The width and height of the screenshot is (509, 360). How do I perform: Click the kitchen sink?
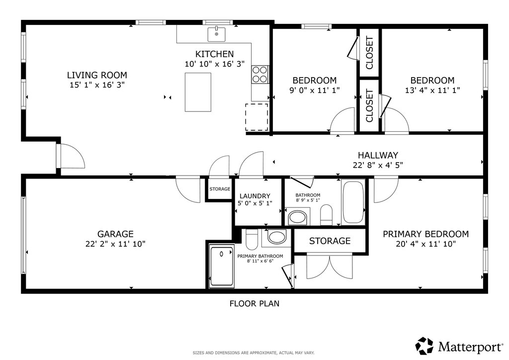217,34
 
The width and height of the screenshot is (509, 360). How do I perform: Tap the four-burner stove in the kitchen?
260,75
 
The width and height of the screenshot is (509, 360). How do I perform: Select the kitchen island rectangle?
198,92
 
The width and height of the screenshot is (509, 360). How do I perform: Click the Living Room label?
97,75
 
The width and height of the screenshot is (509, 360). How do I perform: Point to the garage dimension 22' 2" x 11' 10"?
115,244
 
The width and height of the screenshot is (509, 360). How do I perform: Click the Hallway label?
378,155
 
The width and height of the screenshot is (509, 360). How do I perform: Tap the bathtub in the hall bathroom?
353,202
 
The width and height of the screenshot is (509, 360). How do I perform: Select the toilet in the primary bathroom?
252,239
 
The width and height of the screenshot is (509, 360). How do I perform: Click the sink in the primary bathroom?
276,237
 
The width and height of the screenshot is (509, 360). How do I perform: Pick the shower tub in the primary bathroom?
221,266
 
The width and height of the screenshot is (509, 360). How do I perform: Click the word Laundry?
255,196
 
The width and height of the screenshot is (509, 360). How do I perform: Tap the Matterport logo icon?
424,346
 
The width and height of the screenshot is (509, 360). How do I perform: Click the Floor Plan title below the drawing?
254,303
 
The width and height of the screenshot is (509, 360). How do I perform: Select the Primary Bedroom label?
426,234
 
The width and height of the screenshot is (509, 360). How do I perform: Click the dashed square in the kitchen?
256,117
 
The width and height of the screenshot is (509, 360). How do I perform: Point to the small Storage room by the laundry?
220,189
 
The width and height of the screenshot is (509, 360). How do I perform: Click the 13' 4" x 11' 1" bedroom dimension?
432,90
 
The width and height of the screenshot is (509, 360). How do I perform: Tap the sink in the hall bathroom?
298,217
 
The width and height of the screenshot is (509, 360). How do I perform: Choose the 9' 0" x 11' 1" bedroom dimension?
315,90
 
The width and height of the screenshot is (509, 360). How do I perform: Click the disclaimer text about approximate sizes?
254,353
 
